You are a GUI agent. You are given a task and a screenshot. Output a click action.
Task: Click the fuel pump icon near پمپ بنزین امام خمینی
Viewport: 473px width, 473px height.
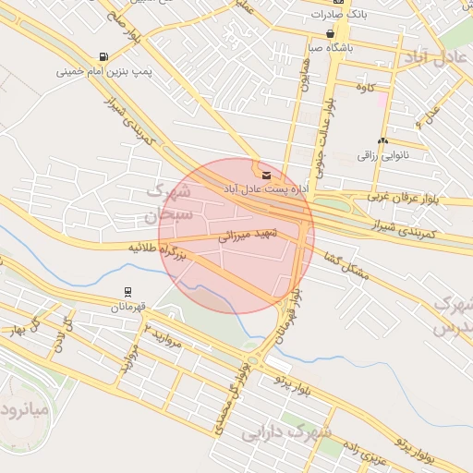coord(102,56)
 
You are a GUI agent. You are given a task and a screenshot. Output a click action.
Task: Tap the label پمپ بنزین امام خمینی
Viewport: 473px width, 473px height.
coord(103,70)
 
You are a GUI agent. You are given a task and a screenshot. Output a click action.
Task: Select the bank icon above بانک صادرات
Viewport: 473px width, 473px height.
coord(339,2)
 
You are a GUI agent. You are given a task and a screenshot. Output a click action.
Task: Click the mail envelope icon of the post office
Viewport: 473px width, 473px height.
coord(267,174)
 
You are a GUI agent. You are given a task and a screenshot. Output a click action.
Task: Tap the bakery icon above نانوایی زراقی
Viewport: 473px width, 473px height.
coord(382,140)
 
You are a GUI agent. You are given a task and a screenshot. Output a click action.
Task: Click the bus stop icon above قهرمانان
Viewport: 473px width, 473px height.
coord(126,292)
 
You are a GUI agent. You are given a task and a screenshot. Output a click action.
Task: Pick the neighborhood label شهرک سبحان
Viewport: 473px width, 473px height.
coord(166,203)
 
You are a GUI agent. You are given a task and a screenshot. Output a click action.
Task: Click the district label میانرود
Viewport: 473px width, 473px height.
coord(21,407)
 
